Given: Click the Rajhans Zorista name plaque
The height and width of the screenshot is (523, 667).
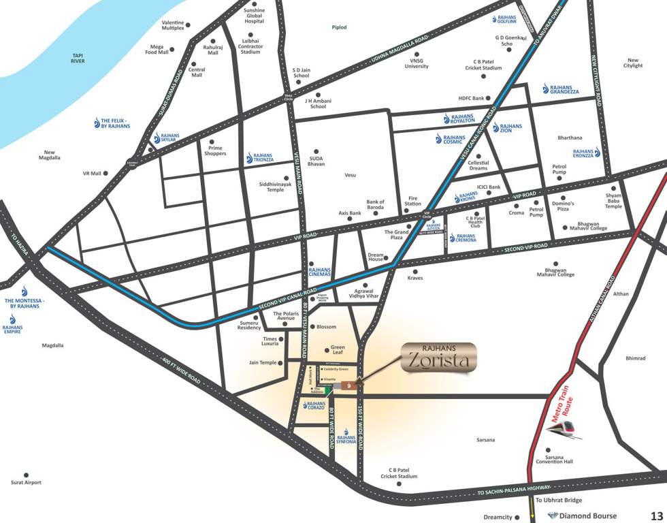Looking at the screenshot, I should (440, 358).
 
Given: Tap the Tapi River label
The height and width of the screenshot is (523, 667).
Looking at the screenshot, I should (78, 58).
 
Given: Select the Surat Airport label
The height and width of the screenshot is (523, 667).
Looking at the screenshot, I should (27, 482).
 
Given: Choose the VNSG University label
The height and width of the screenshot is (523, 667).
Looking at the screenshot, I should (417, 63).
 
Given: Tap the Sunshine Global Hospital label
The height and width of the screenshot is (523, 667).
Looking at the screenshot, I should (254, 16).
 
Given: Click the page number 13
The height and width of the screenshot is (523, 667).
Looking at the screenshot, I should (656, 516).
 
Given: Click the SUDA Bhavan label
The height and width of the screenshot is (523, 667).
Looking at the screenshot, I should (316, 160).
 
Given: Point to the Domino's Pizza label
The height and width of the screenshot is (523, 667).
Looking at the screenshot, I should (563, 206).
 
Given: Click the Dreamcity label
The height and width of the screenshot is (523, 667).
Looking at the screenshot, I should (498, 517).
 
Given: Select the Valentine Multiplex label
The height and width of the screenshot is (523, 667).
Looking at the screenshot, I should (173, 25).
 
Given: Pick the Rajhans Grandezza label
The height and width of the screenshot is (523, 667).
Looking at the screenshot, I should (560, 89).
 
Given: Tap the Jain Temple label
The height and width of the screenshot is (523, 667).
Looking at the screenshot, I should (263, 362).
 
